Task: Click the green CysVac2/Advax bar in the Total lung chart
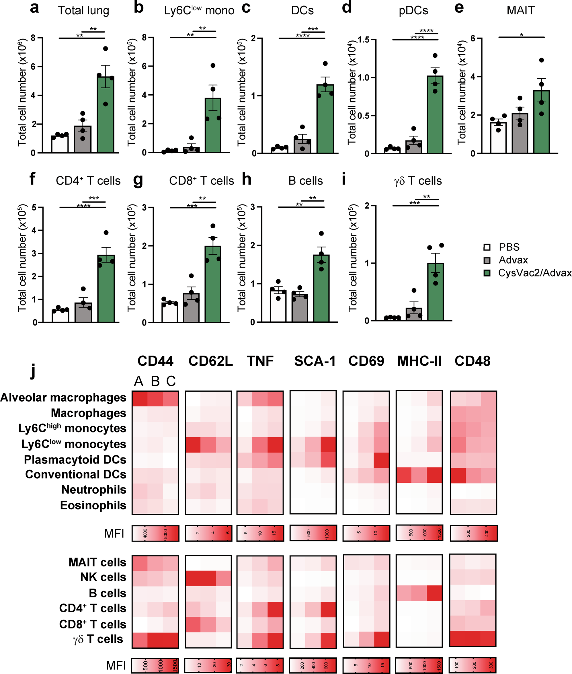(x=106, y=117)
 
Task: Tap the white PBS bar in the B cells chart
(x=278, y=306)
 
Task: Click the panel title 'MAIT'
(x=520, y=10)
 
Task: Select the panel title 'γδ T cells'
(x=418, y=181)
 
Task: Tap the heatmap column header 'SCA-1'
(x=315, y=361)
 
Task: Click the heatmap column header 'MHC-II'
(x=419, y=361)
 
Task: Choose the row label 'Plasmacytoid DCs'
(x=75, y=459)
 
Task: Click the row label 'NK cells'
(x=103, y=577)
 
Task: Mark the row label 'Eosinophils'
(x=93, y=505)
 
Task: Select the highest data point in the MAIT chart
(x=541, y=60)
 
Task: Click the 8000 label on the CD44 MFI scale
(x=165, y=533)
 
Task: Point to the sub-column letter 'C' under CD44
(x=171, y=381)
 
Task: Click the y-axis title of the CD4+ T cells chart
(x=22, y=258)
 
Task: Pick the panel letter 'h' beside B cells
(x=247, y=179)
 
